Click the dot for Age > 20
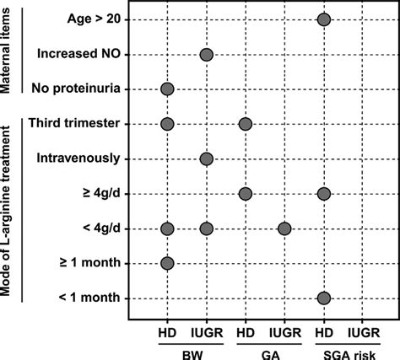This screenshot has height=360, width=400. (323, 19)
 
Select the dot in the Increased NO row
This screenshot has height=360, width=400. (206, 55)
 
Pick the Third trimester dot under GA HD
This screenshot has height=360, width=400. (245, 124)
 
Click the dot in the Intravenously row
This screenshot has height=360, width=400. (206, 159)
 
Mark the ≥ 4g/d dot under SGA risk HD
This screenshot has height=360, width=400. (323, 194)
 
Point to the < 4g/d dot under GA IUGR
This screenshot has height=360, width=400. (284, 228)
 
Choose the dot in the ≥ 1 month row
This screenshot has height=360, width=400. (166, 263)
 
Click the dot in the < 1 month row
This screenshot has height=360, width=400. (323, 298)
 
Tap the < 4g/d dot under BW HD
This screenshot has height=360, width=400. (166, 228)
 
